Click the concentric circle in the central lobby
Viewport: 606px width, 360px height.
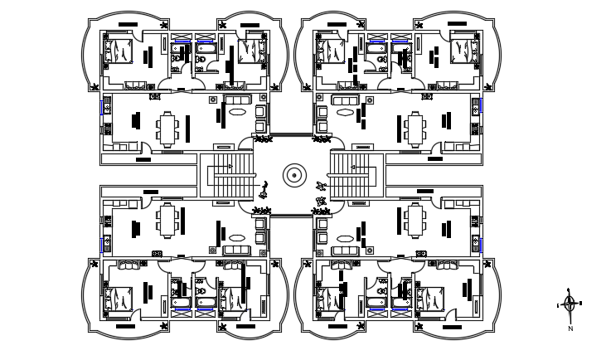[294, 176]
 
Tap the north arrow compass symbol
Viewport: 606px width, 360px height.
[570, 304]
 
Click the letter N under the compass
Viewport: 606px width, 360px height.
[570, 329]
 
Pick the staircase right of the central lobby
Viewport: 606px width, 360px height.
[356, 177]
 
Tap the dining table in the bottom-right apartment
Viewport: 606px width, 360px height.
[415, 221]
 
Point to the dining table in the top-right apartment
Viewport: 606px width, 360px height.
[415, 129]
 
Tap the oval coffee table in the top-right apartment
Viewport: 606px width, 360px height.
[343, 110]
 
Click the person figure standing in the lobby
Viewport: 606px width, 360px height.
[264, 188]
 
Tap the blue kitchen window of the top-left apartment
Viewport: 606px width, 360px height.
[104, 107]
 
